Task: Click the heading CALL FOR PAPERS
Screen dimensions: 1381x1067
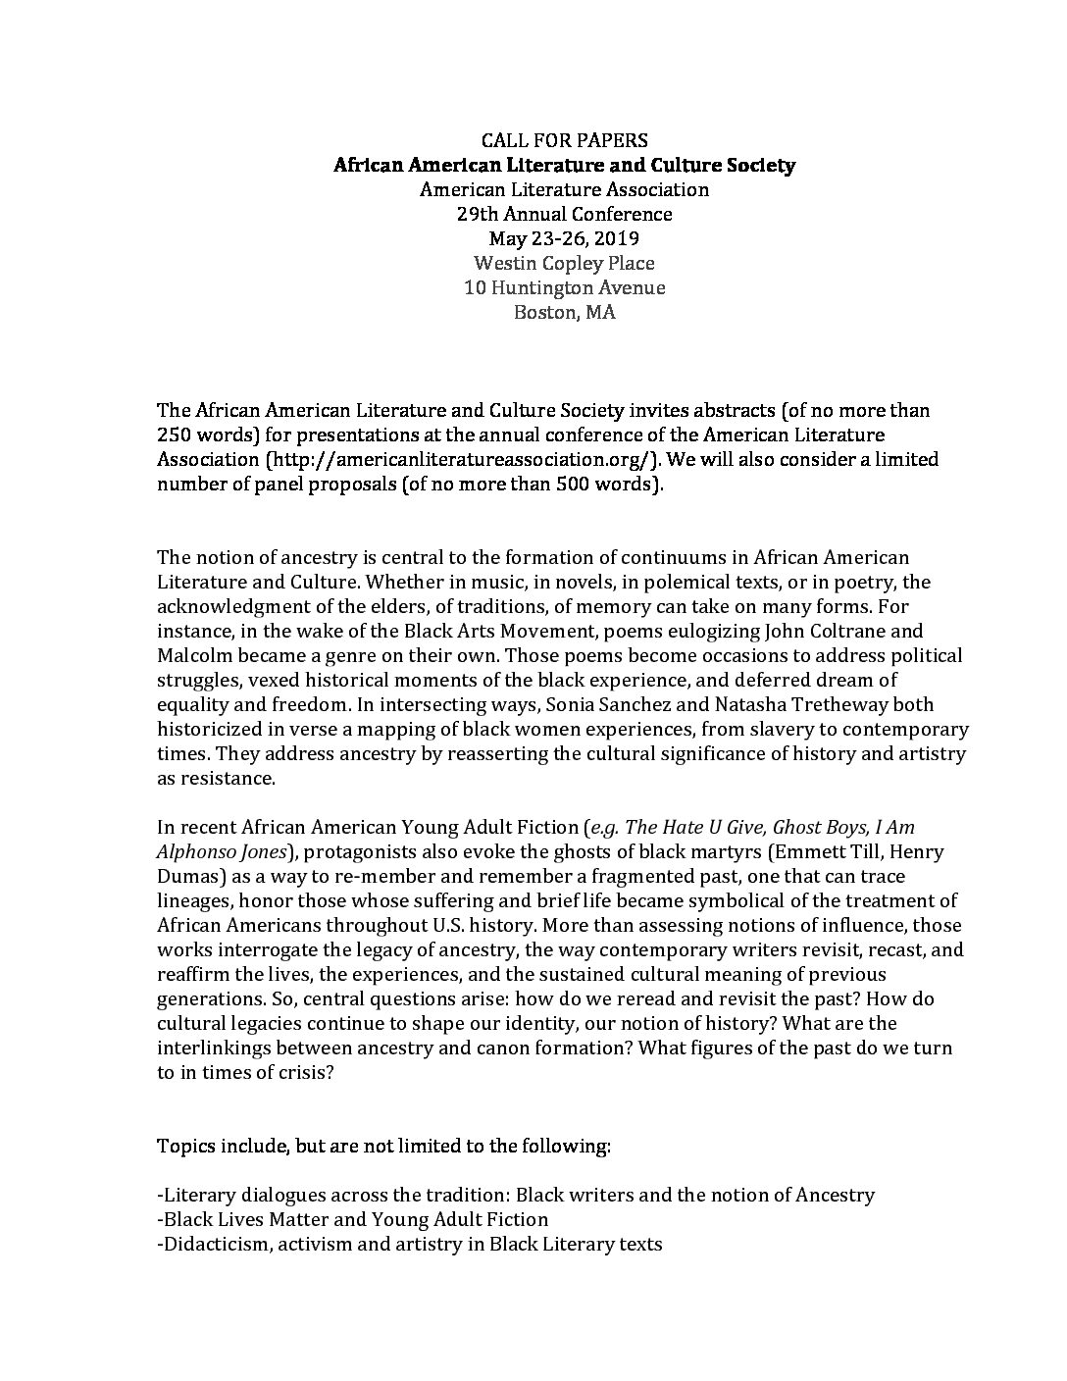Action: coord(564,140)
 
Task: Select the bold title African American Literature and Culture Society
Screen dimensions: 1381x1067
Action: coord(564,165)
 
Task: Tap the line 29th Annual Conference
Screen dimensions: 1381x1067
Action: coord(564,214)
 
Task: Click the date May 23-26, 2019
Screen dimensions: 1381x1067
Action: coord(564,238)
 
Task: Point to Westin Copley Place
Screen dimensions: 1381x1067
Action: coord(564,263)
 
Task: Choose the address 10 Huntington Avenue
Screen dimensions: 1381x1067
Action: coord(564,287)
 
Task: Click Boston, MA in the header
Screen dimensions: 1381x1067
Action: coord(564,313)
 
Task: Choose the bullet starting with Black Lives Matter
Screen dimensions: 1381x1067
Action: coord(352,1219)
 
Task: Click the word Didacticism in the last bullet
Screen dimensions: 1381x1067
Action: coord(212,1244)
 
